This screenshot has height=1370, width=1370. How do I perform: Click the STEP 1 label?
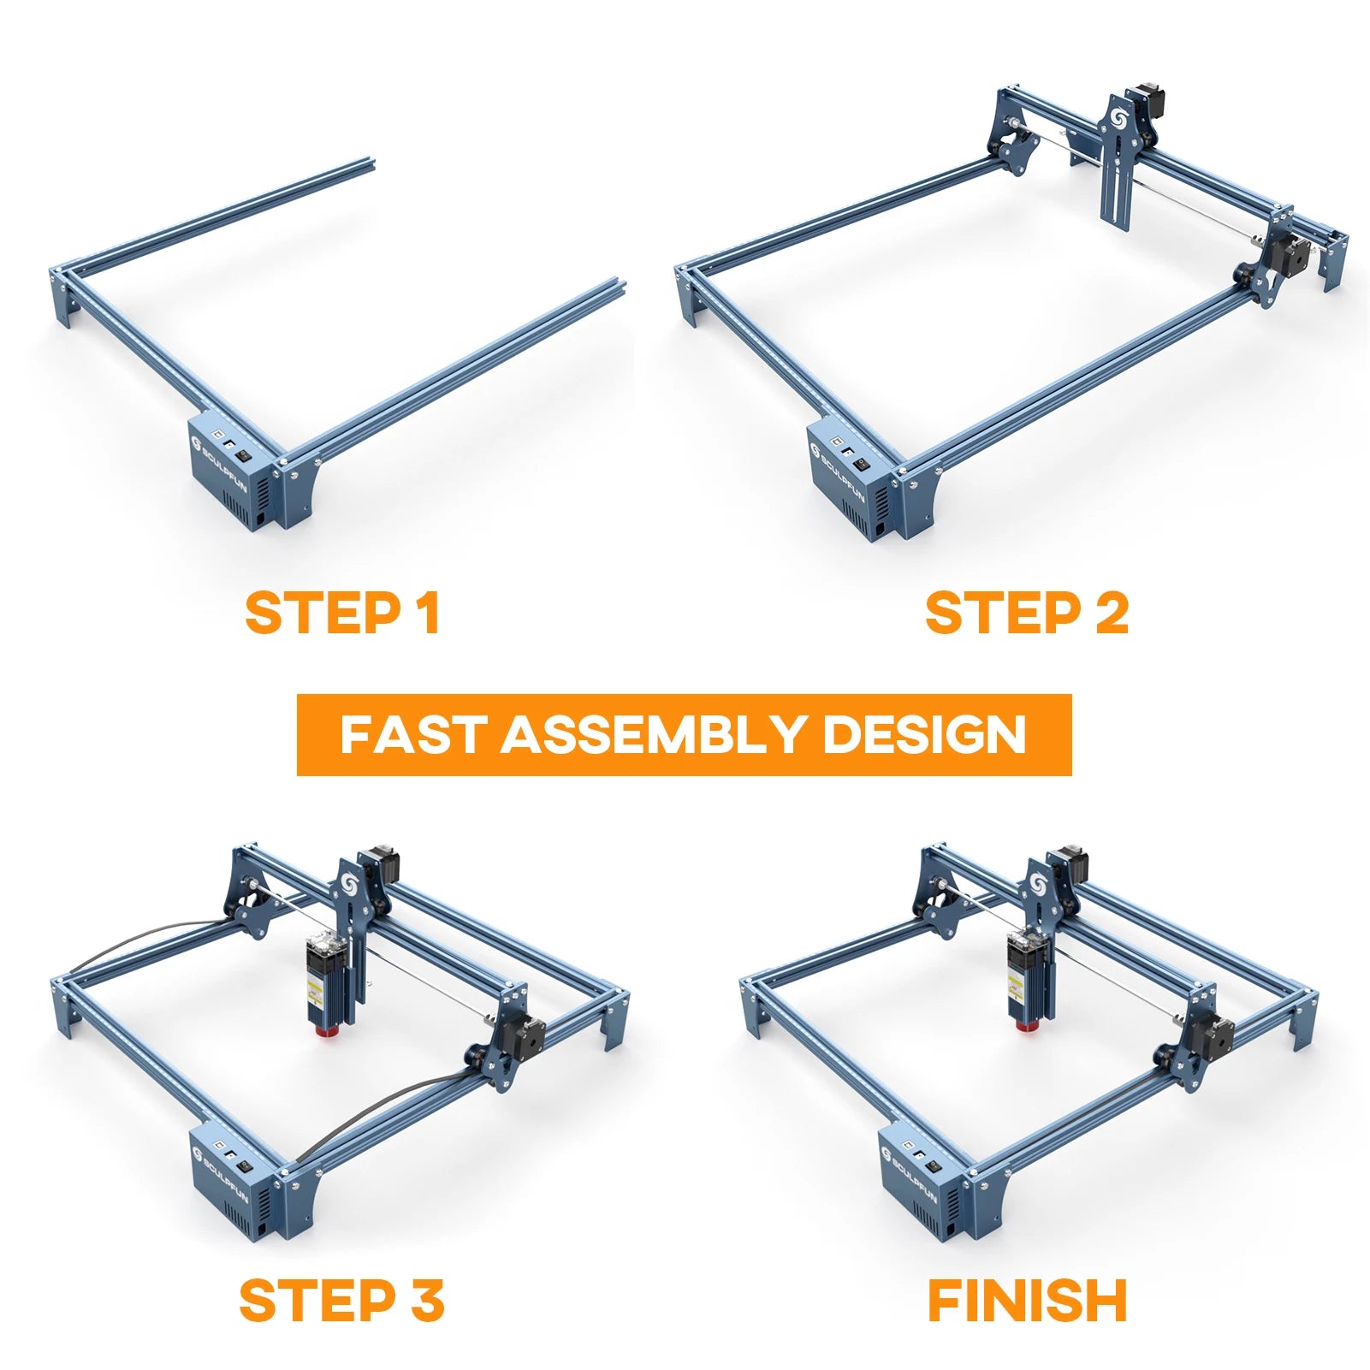342,613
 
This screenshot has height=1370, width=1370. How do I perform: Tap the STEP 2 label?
1027,613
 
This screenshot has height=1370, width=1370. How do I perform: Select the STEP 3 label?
341,1301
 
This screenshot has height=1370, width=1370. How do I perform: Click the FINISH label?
1027,1301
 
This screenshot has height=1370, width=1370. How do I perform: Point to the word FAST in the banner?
414,735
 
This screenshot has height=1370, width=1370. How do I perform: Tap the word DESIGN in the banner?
924,735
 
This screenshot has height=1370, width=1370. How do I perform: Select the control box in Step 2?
851,479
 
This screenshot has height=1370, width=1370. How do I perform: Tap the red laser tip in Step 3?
324,1030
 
